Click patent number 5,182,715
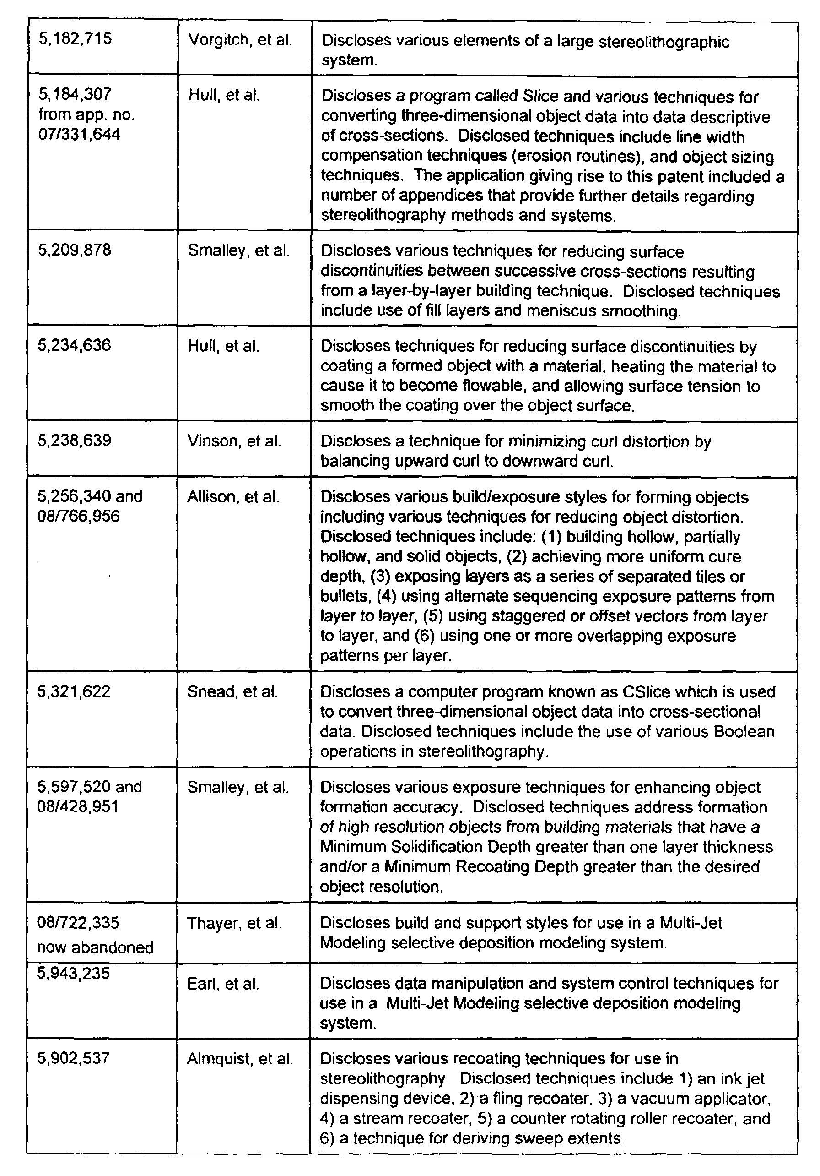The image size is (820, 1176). coord(75,38)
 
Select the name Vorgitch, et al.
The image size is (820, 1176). coord(240,39)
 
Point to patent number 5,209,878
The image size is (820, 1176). coord(74,250)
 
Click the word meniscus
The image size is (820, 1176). coord(562,311)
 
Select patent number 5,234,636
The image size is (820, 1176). coord(74,345)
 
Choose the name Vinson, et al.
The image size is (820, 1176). coord(234,441)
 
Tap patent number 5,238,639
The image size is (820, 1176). coord(74,441)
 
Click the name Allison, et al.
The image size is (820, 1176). coord(233,497)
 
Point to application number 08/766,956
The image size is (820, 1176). coord(78,516)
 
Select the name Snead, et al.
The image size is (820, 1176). coord(232,691)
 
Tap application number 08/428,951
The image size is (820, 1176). coord(78,807)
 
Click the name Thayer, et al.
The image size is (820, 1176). coord(234,923)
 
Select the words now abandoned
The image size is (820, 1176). coord(95,947)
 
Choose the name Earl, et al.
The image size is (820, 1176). coord(223,984)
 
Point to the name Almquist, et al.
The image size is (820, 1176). coord(240,1058)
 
